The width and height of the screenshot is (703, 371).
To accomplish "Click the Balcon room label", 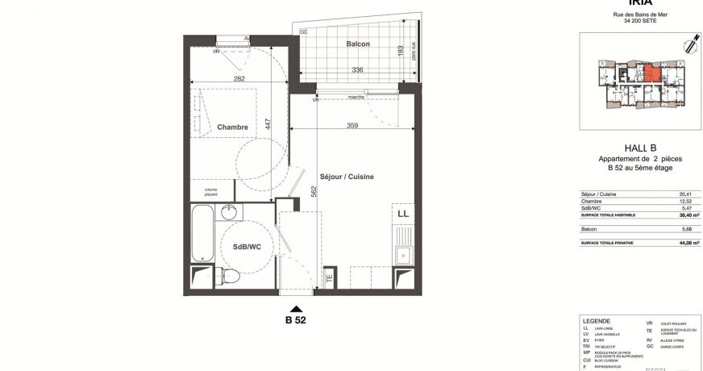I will coord(358,44).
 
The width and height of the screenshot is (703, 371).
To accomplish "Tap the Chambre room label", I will coord(232,127).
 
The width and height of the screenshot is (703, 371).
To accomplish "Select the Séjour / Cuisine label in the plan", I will coord(347,176).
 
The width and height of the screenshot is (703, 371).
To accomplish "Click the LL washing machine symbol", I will coord(401,214).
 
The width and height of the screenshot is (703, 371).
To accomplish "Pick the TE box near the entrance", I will coord(328,279).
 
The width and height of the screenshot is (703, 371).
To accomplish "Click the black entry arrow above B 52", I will coord(297,308).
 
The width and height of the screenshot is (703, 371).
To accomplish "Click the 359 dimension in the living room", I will coord(351,125).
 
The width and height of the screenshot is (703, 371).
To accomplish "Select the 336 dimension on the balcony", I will coord(356,70).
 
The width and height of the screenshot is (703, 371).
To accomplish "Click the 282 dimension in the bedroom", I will coord(239,78).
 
